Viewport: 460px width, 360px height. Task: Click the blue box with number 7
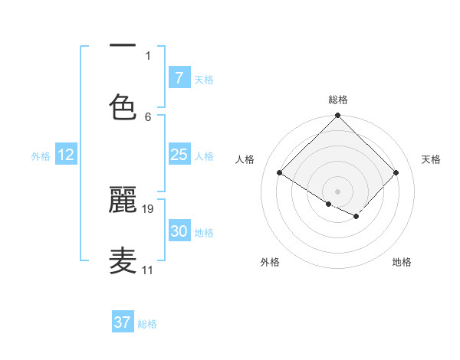[179, 77]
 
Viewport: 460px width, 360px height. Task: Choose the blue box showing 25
[179, 155]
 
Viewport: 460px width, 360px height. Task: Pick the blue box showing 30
[179, 231]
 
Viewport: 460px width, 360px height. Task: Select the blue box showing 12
[66, 155]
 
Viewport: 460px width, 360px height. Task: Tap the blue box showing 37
[123, 322]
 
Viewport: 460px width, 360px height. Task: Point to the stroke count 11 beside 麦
[148, 270]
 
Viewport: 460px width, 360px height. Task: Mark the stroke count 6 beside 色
[148, 116]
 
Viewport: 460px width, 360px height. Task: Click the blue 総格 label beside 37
[147, 324]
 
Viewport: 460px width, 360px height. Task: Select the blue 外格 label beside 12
[41, 155]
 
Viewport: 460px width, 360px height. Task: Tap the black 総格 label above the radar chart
[338, 100]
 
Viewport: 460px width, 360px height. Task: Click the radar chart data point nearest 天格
[396, 173]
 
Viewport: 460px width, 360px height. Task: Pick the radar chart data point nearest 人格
[280, 173]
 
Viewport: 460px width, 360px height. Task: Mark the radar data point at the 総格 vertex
[338, 116]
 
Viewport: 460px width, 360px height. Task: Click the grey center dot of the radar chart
[338, 191]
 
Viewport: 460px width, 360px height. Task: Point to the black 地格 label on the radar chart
[402, 262]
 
